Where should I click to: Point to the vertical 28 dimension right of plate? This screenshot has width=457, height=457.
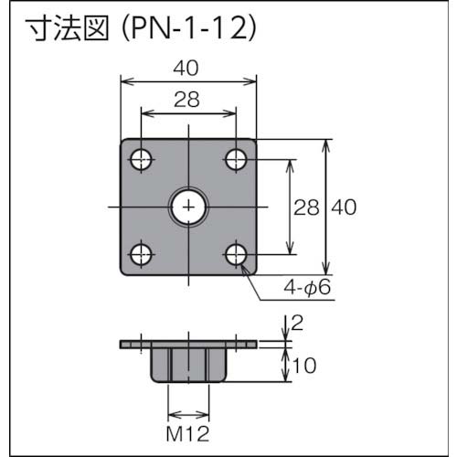(x=305, y=207)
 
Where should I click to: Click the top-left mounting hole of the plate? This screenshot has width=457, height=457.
(x=141, y=160)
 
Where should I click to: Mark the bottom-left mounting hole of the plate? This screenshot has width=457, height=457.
(x=141, y=255)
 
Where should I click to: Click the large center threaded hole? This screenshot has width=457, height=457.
(x=189, y=207)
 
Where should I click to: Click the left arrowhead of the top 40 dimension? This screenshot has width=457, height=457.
(x=125, y=82)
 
